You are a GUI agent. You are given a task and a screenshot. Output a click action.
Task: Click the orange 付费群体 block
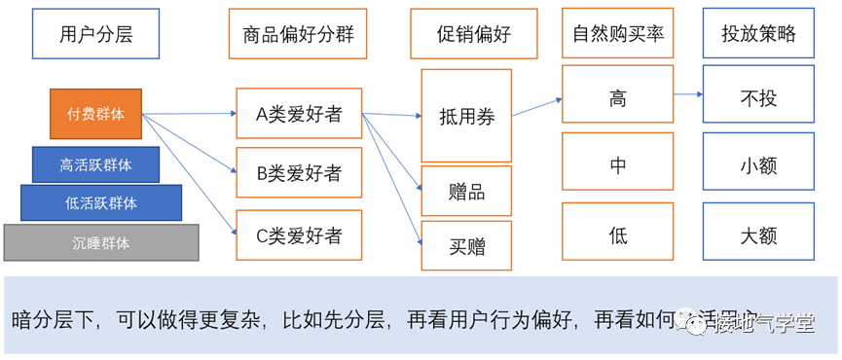(95, 113)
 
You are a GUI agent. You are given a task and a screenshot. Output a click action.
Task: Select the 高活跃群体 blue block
(95, 164)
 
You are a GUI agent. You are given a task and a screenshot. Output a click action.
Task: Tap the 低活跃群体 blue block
(101, 203)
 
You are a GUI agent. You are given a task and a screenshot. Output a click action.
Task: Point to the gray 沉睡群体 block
(101, 242)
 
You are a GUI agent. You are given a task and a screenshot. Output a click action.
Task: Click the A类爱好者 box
(299, 114)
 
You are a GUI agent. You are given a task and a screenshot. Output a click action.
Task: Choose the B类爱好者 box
(299, 173)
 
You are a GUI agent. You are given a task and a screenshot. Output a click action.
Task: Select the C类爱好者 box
(299, 234)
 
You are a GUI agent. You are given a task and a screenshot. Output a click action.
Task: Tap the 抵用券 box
(466, 116)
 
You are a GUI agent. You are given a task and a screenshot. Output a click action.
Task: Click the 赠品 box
(466, 191)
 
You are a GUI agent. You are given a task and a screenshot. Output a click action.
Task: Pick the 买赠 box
(466, 245)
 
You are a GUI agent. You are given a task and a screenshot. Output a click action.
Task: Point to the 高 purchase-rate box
(617, 99)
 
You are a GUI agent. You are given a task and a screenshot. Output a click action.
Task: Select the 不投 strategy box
(759, 99)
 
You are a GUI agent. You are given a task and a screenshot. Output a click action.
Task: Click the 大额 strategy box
(759, 234)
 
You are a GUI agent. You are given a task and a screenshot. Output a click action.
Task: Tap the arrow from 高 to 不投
(687, 94)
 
